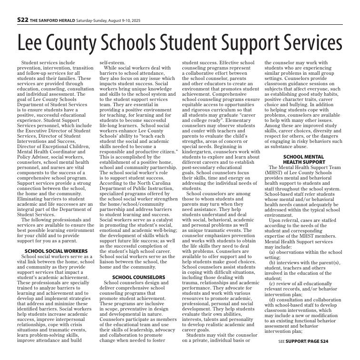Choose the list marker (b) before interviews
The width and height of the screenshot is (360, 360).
click(x=272, y=262)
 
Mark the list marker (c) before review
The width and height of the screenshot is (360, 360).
click(x=272, y=283)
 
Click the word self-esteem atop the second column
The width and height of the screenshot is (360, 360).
click(x=110, y=63)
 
